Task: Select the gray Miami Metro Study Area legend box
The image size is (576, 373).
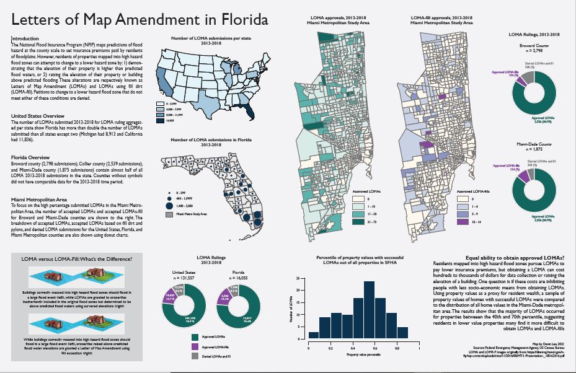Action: pos(169,214)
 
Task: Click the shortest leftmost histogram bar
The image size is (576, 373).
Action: pos(314,335)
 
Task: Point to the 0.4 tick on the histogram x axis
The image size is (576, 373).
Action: pos(352,344)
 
